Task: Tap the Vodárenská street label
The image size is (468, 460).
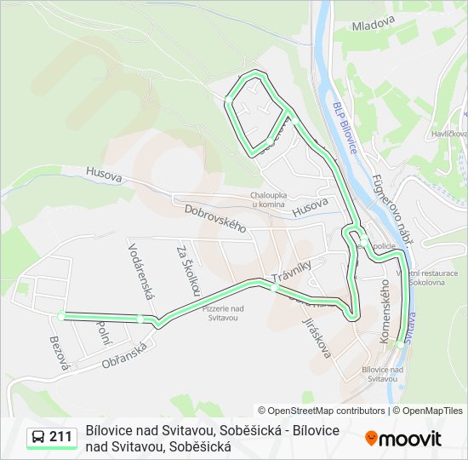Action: click(140, 271)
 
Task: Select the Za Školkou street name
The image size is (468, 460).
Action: click(187, 271)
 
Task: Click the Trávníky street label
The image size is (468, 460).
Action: click(292, 273)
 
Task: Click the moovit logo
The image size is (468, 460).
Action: click(403, 439)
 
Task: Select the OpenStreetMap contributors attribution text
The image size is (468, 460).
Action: click(321, 411)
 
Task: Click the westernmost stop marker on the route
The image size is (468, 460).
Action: click(60, 316)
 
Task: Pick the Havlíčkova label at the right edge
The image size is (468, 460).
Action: click(448, 134)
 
